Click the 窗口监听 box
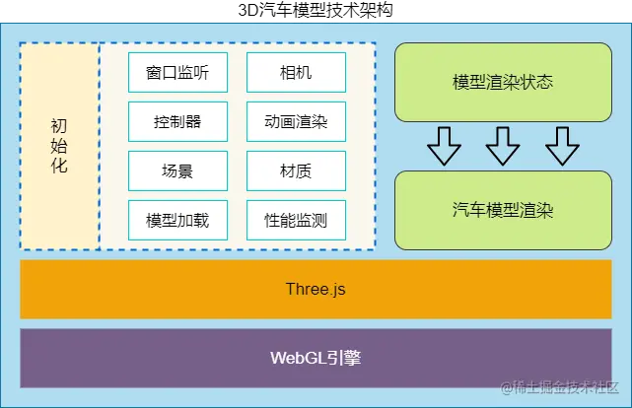pos(177,72)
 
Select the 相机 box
pos(296,72)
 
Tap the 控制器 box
pos(177,121)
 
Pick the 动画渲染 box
pos(296,121)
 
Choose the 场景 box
pos(177,170)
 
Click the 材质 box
pos(296,170)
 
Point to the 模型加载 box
pos(177,220)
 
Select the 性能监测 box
pos(296,220)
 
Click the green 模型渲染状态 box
pos(503,82)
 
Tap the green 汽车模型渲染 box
pos(503,210)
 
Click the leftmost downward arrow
pos(444,147)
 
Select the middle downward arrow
pos(503,147)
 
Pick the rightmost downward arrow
pos(562,147)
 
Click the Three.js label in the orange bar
pos(316,290)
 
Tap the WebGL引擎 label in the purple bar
pos(316,358)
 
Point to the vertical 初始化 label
pos(59,146)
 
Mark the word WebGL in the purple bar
pos(297,358)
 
